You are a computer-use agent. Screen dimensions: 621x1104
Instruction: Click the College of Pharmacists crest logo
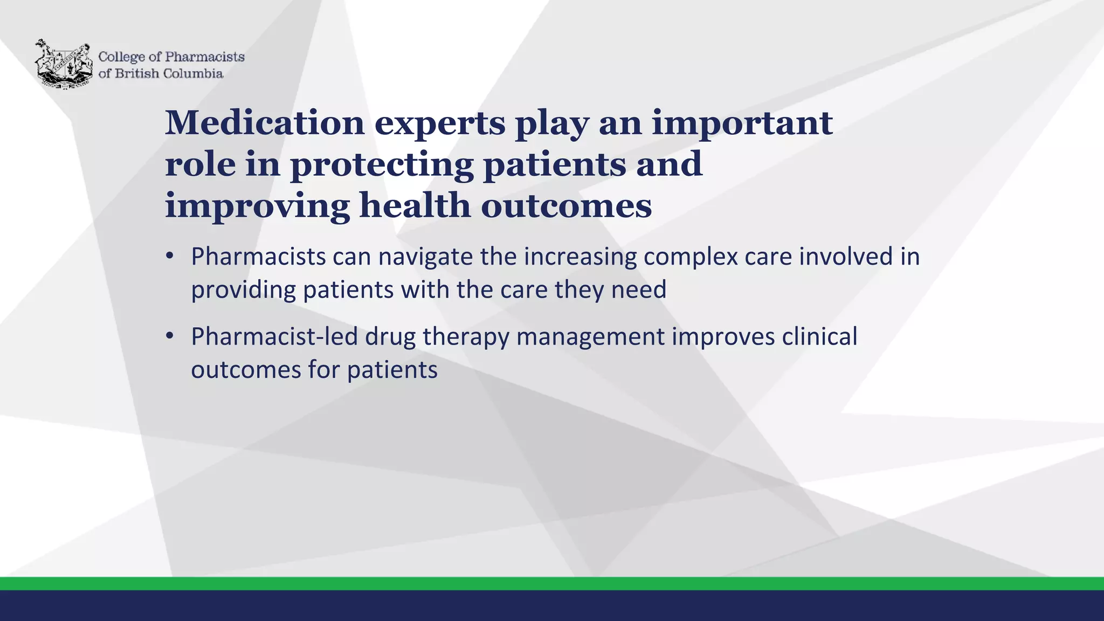click(63, 64)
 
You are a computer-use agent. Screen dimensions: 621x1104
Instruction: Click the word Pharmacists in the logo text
click(204, 57)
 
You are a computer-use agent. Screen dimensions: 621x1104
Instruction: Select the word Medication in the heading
click(265, 123)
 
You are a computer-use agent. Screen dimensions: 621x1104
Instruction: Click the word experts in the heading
click(439, 123)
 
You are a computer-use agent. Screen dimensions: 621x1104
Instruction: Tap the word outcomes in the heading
click(566, 205)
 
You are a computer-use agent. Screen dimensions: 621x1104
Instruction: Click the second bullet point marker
click(170, 336)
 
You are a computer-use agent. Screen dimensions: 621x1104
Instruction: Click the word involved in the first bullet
click(845, 257)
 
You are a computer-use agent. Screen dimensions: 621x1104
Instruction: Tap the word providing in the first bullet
click(243, 290)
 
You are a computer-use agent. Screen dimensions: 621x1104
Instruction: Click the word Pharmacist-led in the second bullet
click(274, 337)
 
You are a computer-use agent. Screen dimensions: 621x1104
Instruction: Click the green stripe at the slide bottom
click(552, 583)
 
